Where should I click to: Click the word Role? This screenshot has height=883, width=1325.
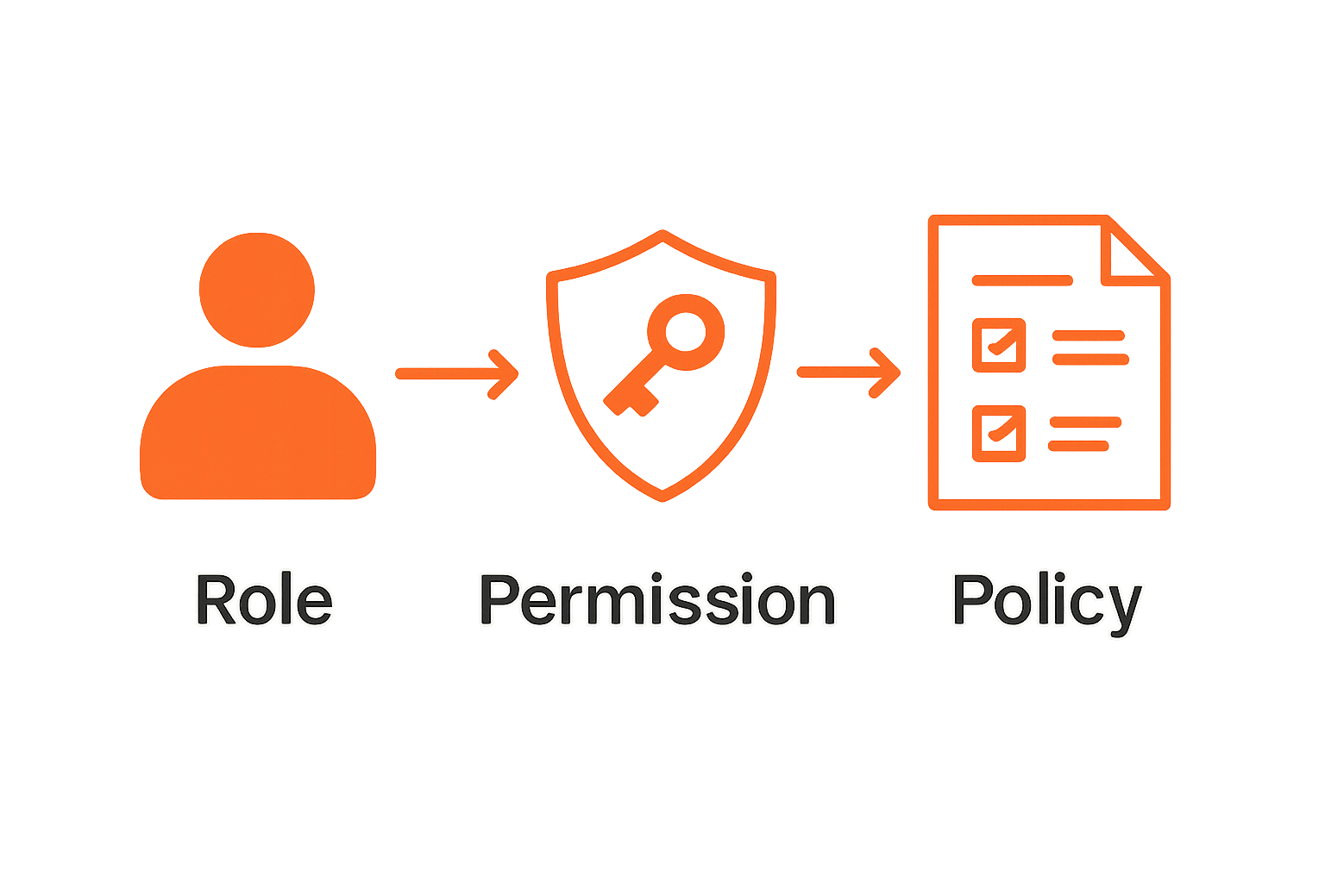(x=264, y=599)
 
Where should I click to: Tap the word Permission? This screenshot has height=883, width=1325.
(x=657, y=599)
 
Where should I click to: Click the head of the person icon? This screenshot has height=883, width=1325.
(x=257, y=290)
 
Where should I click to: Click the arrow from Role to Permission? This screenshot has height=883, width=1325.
(x=456, y=373)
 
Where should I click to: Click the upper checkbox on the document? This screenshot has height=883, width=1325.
(x=999, y=345)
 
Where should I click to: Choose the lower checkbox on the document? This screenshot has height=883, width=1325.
(x=999, y=433)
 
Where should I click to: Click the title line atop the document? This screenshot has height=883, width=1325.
(x=1022, y=280)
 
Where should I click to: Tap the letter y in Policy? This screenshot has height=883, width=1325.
(x=1121, y=608)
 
